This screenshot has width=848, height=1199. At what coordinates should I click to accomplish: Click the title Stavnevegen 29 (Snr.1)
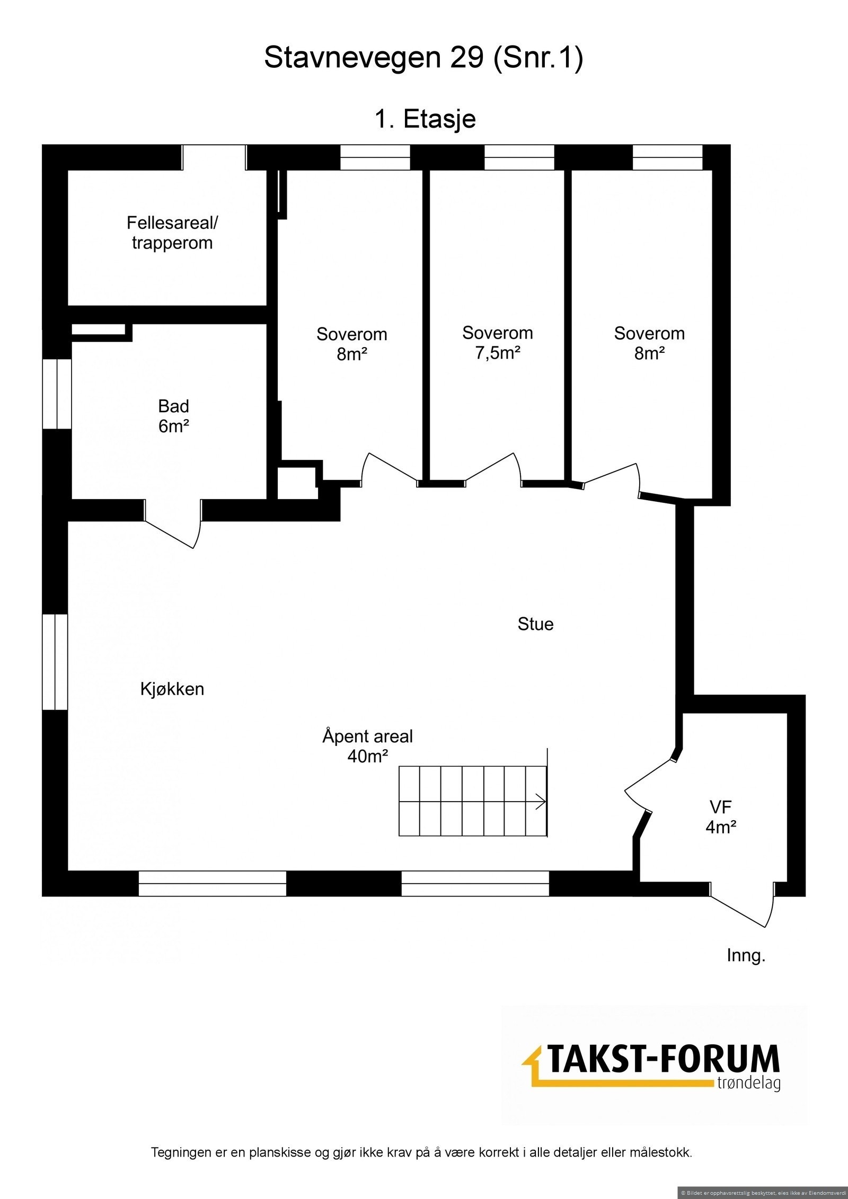pyautogui.click(x=423, y=58)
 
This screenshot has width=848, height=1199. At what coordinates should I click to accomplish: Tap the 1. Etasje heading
pyautogui.click(x=425, y=119)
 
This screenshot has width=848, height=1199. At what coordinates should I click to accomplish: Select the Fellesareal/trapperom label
pyautogui.click(x=172, y=233)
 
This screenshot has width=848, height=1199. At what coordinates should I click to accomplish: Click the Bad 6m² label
pyautogui.click(x=174, y=416)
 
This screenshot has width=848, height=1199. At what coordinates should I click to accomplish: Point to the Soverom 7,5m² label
pyautogui.click(x=497, y=342)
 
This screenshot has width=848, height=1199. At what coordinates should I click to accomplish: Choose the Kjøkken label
pyautogui.click(x=172, y=689)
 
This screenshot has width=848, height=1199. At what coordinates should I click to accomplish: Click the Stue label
pyautogui.click(x=535, y=624)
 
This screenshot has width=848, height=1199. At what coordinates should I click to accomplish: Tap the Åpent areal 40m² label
pyautogui.click(x=367, y=746)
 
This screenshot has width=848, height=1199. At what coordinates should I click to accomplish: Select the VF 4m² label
pyautogui.click(x=721, y=816)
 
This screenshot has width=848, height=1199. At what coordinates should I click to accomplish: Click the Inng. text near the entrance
pyautogui.click(x=746, y=956)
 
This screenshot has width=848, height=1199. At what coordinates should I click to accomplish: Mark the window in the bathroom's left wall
pyautogui.click(x=57, y=394)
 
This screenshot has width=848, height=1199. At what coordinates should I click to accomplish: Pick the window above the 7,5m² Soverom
pyautogui.click(x=519, y=157)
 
